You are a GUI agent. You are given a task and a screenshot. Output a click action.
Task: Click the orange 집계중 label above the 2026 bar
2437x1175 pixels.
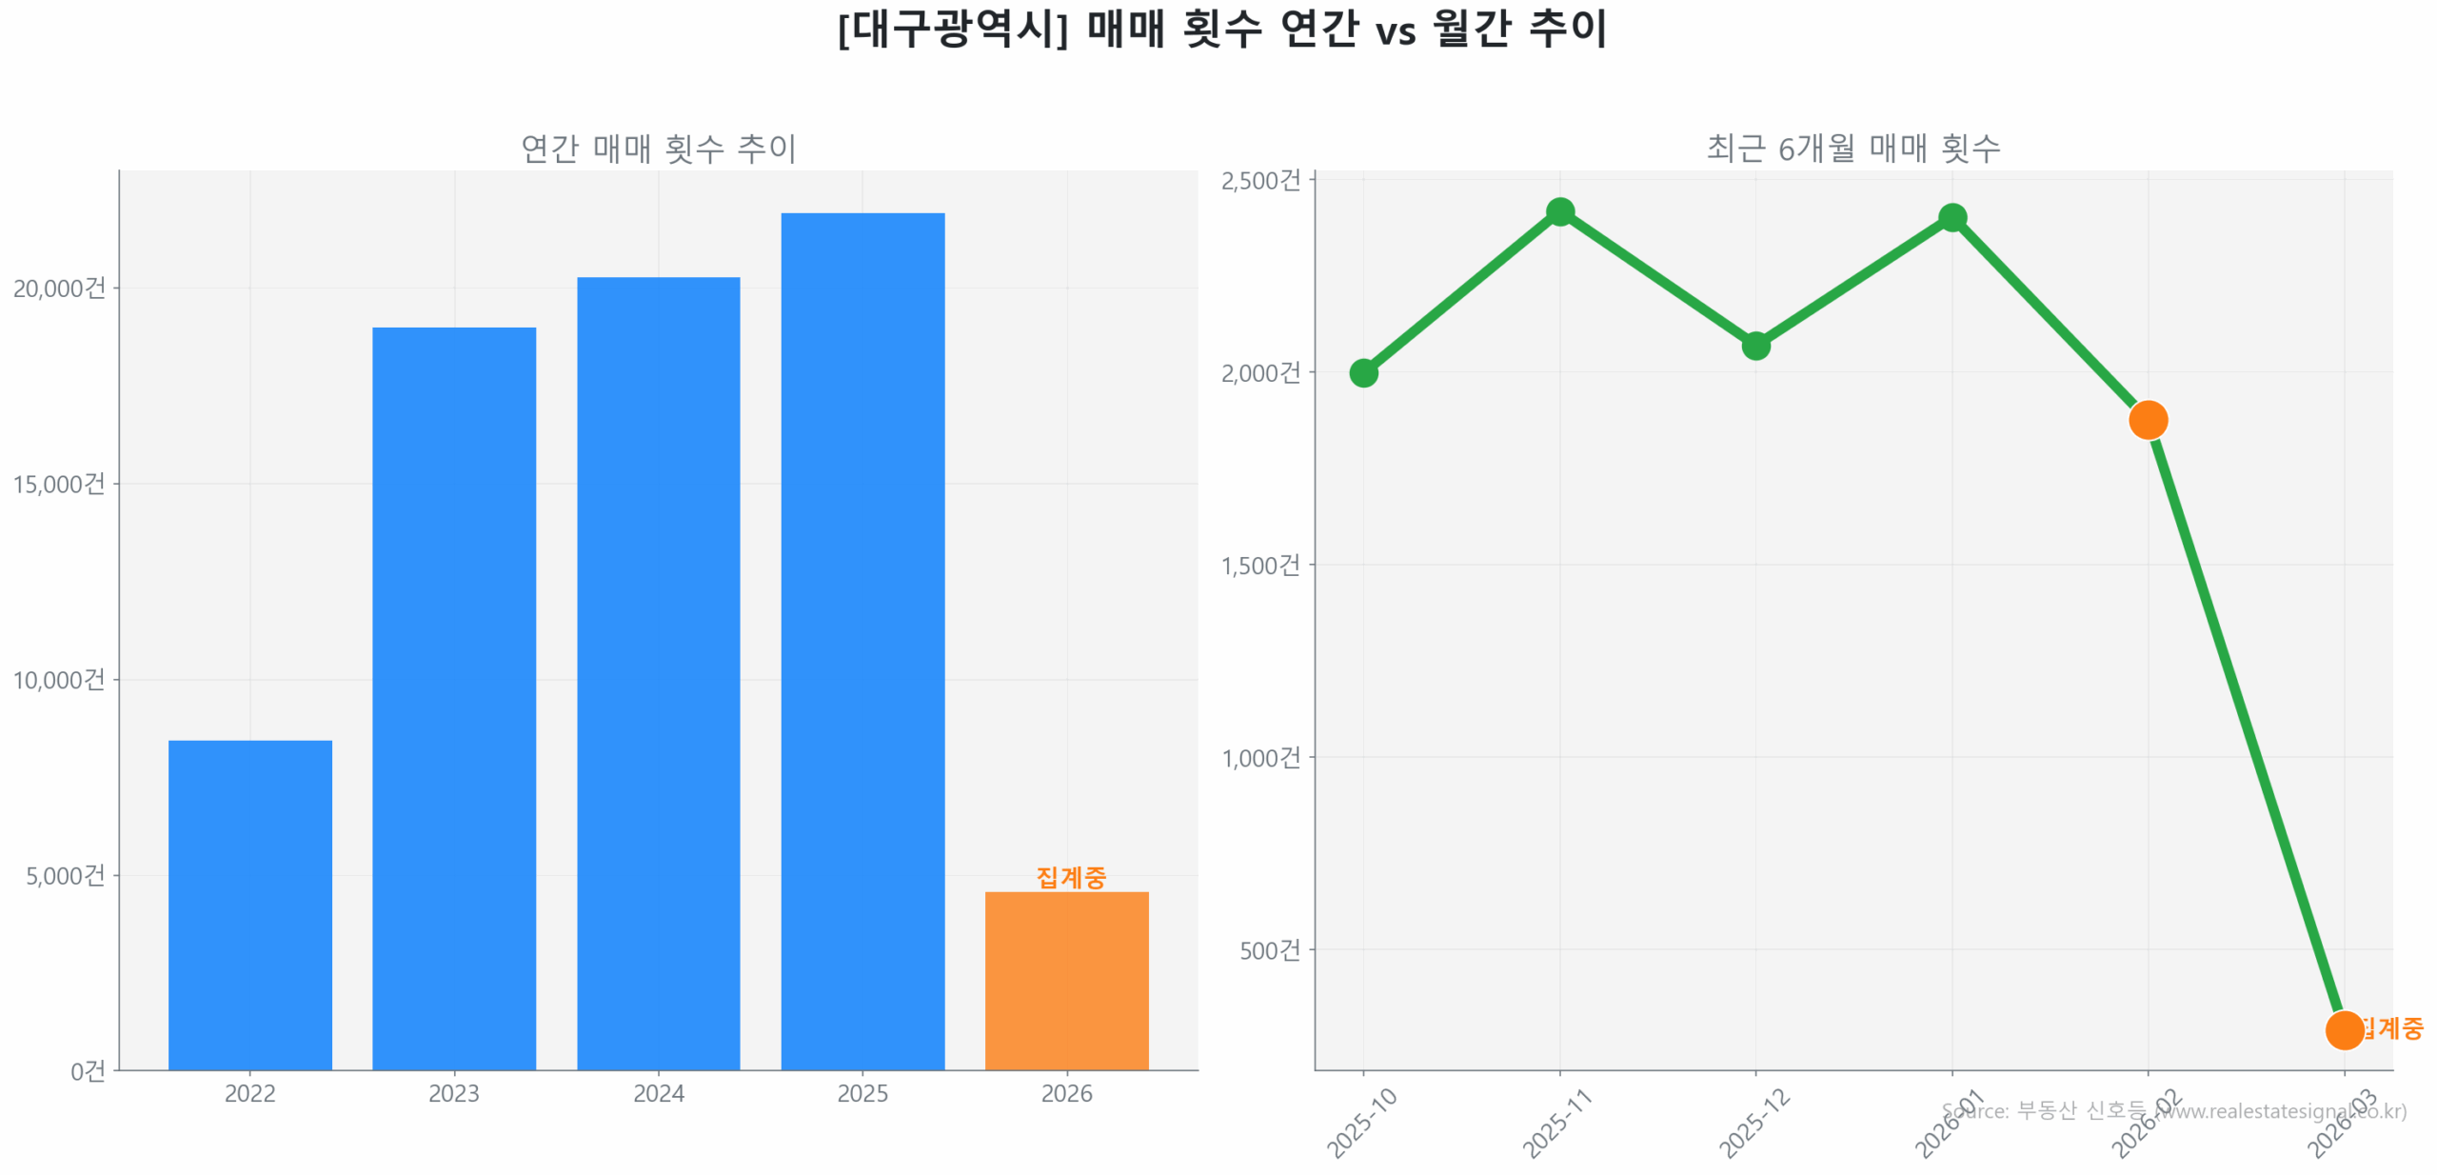[1070, 876]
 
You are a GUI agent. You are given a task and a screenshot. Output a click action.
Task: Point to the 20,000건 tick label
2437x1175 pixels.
[59, 288]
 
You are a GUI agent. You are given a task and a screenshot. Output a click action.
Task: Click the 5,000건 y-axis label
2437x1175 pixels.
[65, 874]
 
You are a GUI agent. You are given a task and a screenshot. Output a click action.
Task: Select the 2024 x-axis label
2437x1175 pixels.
[658, 1092]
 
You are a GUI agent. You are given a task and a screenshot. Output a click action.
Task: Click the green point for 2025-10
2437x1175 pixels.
[1362, 372]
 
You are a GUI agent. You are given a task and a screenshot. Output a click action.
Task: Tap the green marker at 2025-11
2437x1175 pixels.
[1558, 211]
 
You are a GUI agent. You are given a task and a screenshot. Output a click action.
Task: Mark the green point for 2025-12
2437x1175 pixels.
[1754, 345]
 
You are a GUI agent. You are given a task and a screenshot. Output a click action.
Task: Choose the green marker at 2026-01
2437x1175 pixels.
[1951, 218]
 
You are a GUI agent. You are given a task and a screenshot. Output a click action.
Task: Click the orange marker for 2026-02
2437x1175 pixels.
[2147, 419]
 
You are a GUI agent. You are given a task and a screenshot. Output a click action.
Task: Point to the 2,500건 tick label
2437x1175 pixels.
[1259, 180]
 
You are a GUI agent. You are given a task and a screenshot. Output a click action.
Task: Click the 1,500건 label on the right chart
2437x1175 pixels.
[1259, 565]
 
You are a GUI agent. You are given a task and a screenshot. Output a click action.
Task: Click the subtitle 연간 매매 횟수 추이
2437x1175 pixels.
[658, 148]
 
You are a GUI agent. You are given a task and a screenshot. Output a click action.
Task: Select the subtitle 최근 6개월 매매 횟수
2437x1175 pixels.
[1852, 148]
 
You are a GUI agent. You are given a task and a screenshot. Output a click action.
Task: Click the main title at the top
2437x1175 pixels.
[1221, 29]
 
